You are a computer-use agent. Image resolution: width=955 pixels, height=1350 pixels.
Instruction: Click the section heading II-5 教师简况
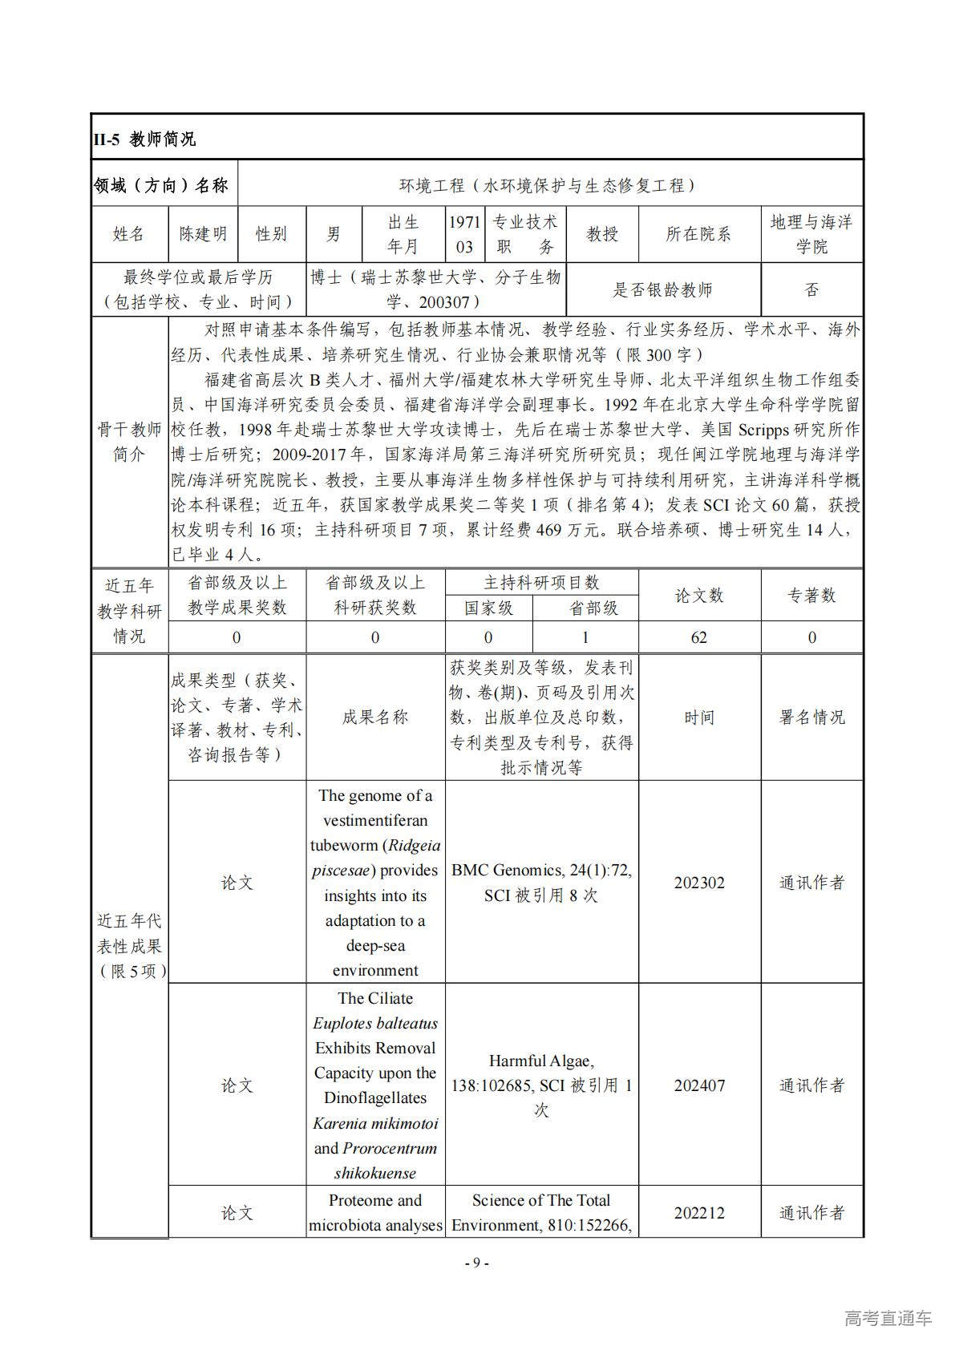144,139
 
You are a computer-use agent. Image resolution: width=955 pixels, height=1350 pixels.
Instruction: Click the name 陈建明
203,234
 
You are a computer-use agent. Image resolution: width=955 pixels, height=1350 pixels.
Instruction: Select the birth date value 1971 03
464,234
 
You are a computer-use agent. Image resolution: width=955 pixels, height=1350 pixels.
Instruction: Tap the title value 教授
601,234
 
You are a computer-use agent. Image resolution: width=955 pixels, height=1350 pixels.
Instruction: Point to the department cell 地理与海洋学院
811,234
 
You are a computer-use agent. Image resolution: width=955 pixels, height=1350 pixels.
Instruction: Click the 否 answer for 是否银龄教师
811,289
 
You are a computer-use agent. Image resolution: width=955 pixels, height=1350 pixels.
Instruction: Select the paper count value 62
698,637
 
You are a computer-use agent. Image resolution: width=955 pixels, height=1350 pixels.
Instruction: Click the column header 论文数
698,595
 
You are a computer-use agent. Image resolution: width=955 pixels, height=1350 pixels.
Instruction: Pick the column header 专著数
811,595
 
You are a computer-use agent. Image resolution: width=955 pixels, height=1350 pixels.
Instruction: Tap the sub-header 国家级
489,608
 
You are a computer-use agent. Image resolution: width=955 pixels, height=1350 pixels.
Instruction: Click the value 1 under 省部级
585,637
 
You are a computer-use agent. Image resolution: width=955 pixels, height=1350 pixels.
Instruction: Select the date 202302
698,883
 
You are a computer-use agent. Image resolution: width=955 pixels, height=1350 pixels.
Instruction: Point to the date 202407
698,1085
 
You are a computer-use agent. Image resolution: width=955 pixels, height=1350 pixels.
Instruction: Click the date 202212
698,1213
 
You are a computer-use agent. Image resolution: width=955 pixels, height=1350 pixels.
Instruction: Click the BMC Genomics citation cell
541,883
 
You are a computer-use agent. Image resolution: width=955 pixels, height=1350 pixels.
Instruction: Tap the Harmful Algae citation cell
541,1085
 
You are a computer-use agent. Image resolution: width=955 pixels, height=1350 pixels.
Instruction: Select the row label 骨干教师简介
129,442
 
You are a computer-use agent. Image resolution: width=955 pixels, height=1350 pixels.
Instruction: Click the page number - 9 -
477,1263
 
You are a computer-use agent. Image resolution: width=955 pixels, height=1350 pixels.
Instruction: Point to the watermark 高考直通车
888,1318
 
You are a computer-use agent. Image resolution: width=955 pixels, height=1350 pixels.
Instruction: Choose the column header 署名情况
811,717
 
